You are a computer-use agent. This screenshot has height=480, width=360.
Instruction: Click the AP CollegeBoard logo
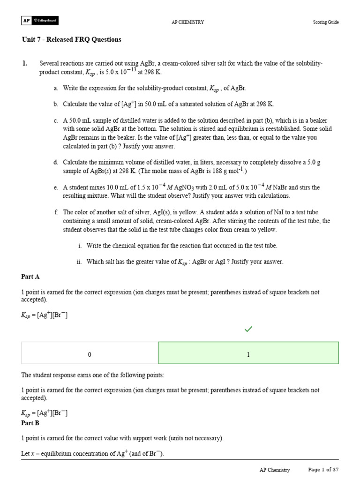(40, 21)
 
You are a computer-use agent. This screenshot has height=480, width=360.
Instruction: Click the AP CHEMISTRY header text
(188, 22)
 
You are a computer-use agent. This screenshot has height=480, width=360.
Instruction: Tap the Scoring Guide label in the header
(326, 22)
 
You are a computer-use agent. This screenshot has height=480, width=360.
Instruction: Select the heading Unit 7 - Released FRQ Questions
(71, 39)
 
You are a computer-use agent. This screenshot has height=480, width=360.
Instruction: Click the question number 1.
(24, 63)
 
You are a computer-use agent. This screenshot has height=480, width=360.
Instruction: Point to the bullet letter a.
(56, 88)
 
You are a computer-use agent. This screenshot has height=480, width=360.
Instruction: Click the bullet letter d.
(56, 162)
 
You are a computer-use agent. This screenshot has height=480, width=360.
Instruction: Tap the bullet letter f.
(56, 212)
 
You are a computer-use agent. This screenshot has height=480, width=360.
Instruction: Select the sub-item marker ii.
(79, 262)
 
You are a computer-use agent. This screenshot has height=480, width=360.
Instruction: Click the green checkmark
(248, 330)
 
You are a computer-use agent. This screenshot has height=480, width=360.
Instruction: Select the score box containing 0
(90, 355)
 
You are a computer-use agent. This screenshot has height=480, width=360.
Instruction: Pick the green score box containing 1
(248, 355)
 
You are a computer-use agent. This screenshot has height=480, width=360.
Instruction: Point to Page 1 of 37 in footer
(323, 470)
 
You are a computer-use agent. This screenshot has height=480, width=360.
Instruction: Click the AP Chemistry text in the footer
(275, 470)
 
